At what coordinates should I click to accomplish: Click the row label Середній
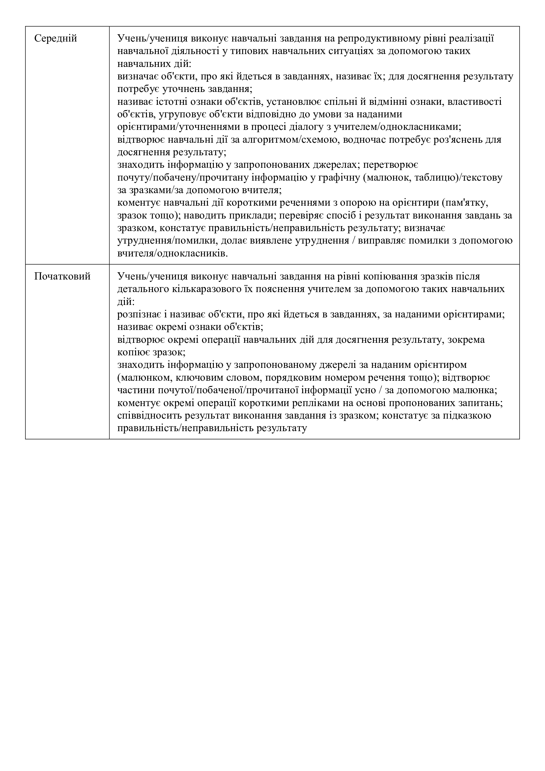coord(56,39)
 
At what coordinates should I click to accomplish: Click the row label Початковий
coord(62,276)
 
